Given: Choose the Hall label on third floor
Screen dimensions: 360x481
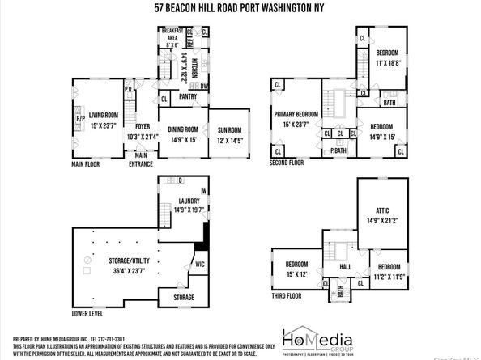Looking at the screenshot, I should point(345,265).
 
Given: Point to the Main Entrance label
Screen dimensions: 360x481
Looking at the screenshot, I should point(141,159).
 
